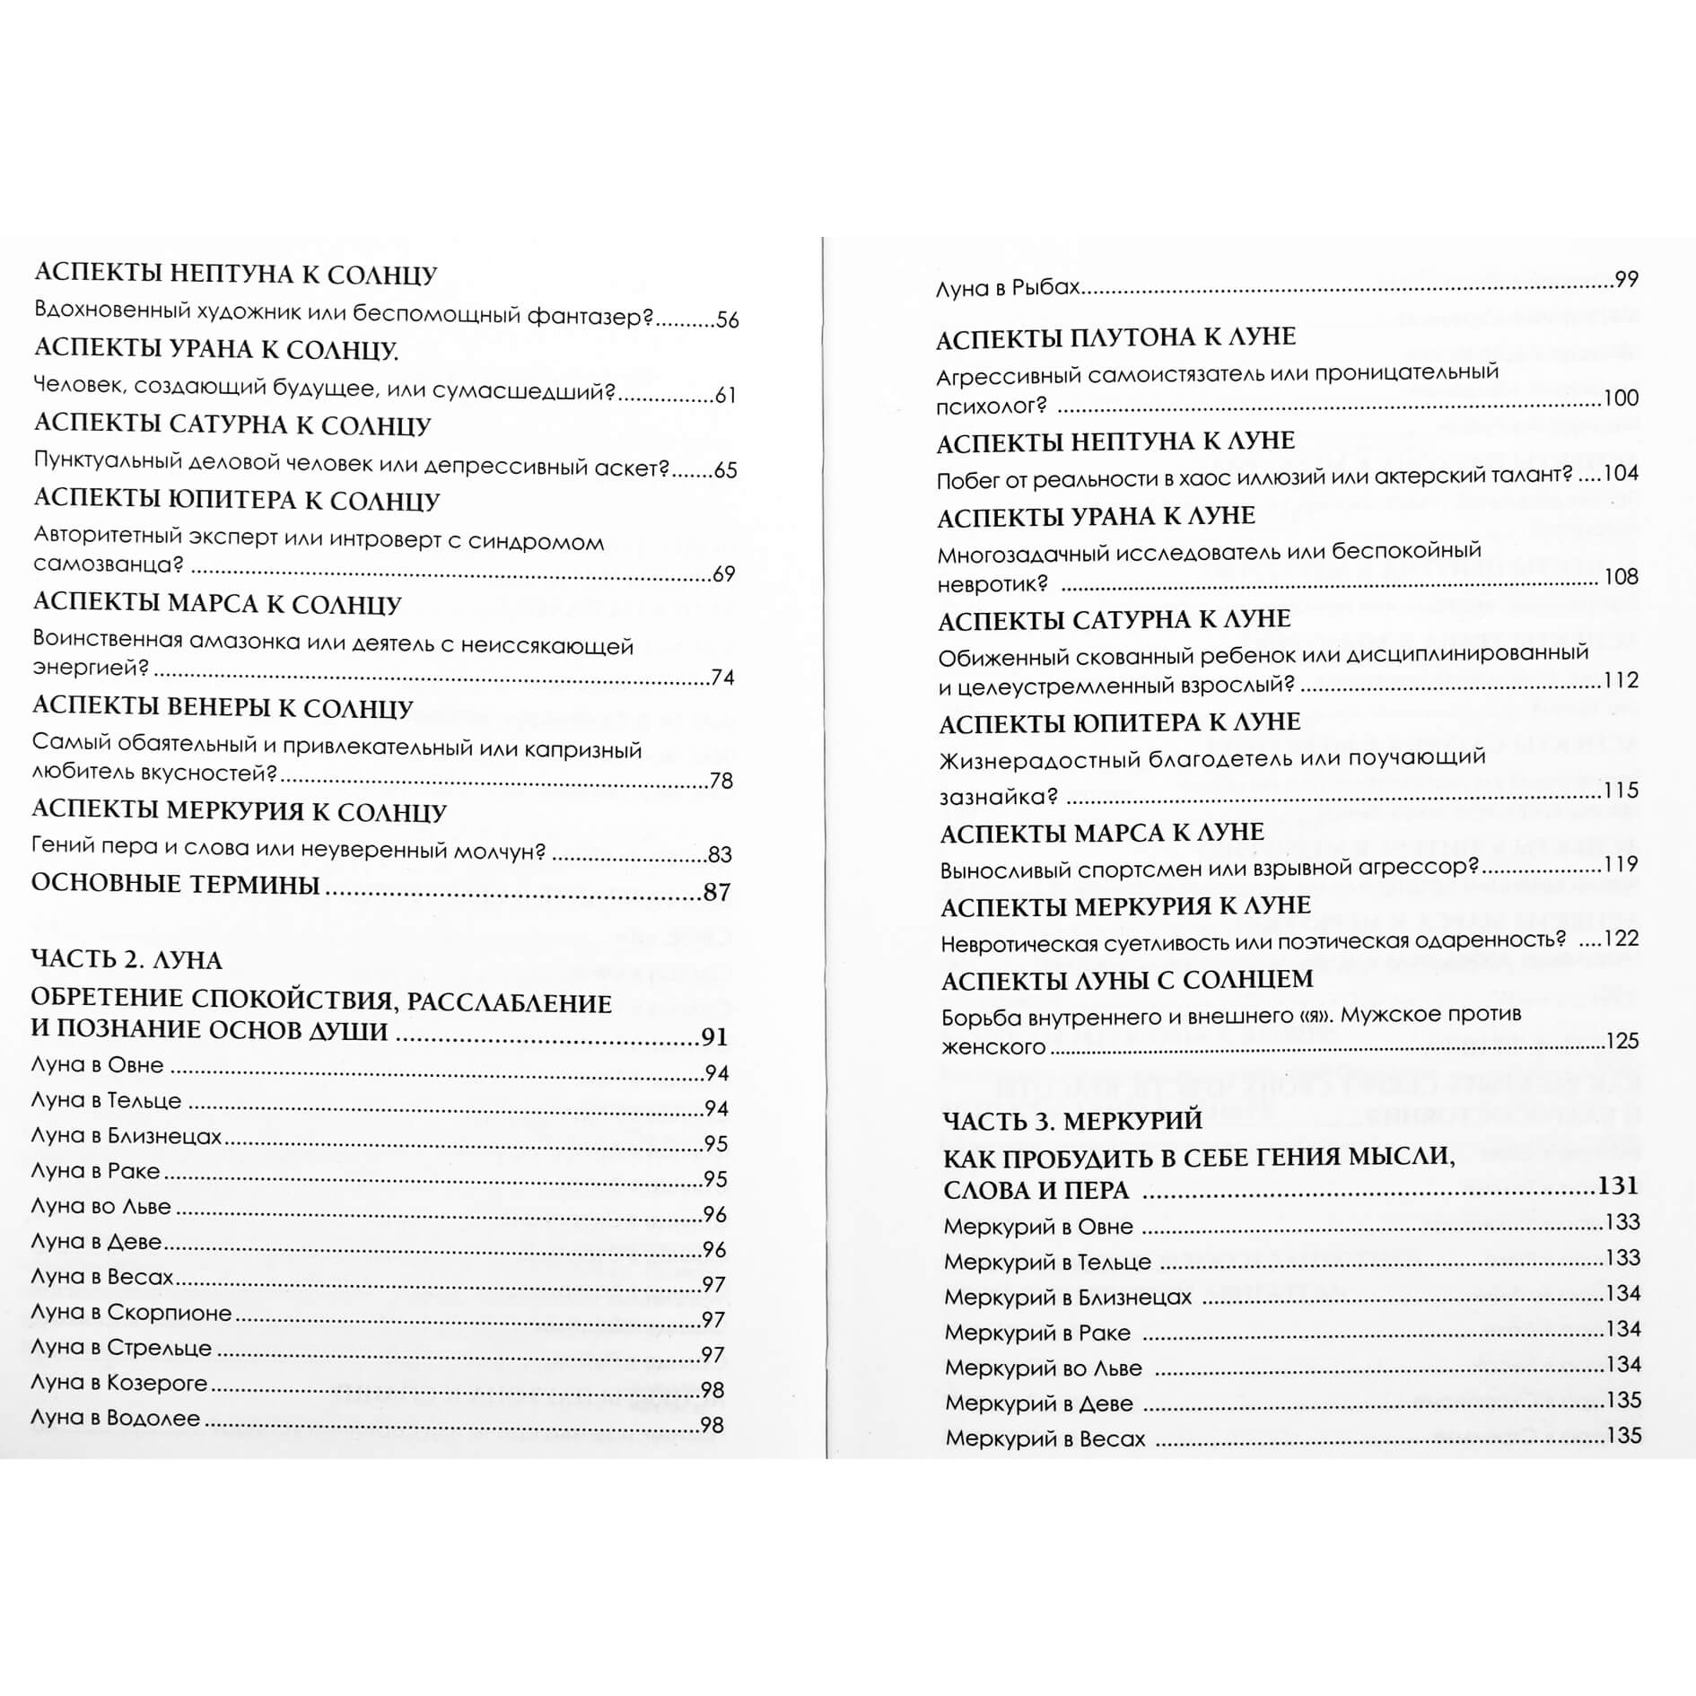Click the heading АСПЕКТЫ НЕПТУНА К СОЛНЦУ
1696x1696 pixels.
235,274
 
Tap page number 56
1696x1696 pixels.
727,320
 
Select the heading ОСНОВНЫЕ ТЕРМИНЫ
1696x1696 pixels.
176,885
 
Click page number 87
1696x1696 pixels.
717,892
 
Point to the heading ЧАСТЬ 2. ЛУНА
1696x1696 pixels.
127,960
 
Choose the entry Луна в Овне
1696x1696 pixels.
97,1066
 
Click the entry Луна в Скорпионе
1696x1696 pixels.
131,1313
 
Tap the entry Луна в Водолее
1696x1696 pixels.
116,1419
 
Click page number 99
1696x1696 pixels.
1626,279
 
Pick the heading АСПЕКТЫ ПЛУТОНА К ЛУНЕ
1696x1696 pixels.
1115,338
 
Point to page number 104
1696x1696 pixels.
1621,474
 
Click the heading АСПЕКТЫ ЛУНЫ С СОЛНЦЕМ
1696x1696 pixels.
1126,980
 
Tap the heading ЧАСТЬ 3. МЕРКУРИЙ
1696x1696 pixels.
1072,1121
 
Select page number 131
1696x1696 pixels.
1618,1185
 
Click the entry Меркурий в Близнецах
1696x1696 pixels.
1068,1298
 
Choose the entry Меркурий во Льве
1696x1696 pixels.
1043,1368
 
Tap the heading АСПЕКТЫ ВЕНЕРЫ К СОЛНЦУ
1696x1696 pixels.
223,708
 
